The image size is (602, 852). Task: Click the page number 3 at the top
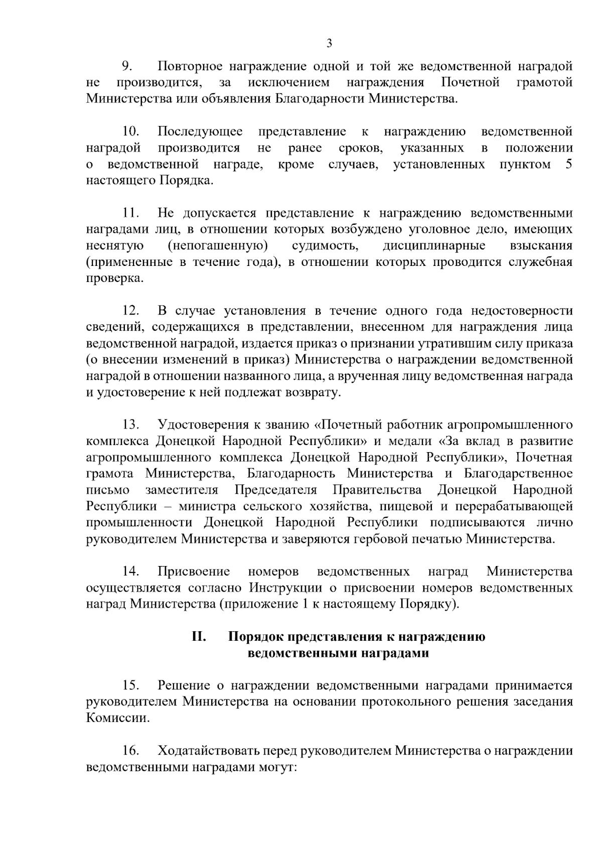329,43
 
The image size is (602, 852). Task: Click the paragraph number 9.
126,66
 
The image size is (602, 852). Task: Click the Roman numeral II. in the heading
199,637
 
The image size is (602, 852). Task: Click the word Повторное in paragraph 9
190,66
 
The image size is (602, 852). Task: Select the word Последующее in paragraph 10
200,132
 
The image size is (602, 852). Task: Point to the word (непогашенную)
217,246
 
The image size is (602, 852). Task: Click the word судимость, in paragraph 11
325,246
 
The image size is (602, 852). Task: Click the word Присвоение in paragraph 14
194,572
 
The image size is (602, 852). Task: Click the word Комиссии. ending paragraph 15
118,718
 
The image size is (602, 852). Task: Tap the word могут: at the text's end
278,768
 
